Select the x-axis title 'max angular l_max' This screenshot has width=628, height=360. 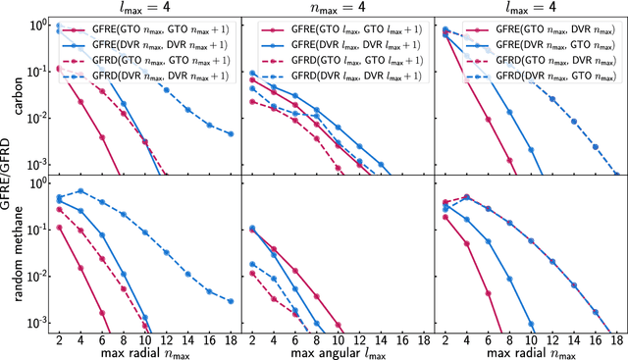coord(338,352)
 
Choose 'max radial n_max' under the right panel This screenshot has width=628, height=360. coord(531,352)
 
